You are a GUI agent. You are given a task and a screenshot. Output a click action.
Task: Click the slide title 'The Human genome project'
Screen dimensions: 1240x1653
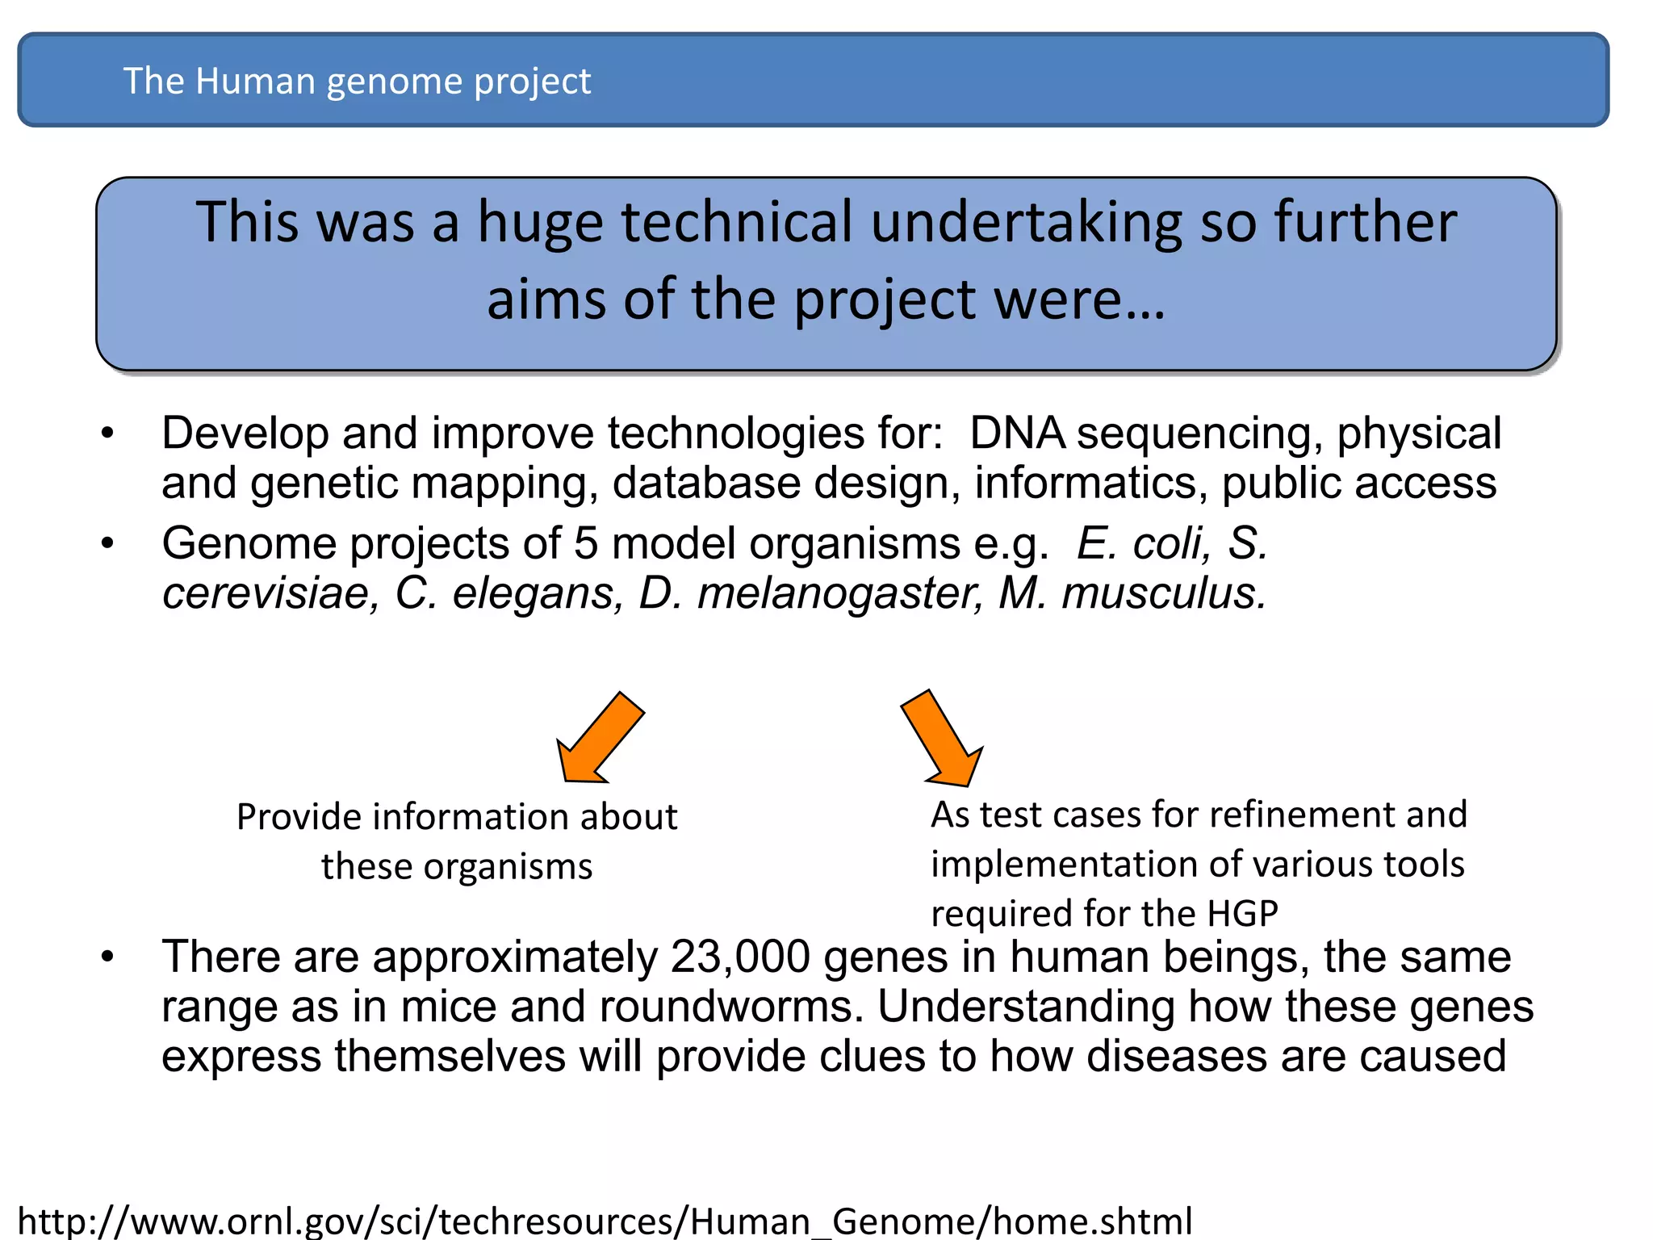(x=356, y=82)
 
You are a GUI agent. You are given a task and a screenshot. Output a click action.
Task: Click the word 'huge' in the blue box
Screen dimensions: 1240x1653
(x=539, y=223)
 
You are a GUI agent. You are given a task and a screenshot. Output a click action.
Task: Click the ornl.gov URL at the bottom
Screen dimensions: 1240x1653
(x=605, y=1221)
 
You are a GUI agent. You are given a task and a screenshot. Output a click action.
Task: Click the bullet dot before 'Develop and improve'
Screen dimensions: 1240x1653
(x=108, y=434)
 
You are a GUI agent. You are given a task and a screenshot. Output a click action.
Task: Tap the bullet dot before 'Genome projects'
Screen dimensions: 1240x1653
(x=108, y=544)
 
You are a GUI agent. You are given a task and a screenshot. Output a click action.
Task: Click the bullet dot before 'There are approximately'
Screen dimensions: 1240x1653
(x=108, y=958)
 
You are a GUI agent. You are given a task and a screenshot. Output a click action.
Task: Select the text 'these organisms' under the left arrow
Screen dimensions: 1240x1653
(x=457, y=867)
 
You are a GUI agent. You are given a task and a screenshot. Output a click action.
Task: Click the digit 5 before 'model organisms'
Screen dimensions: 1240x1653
(x=586, y=543)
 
